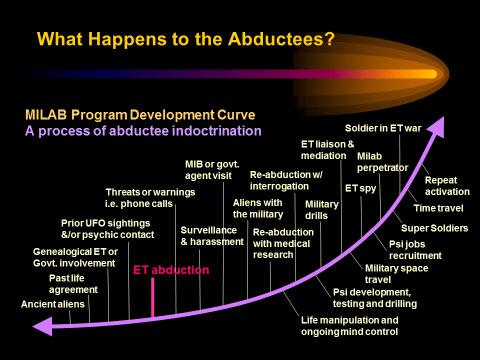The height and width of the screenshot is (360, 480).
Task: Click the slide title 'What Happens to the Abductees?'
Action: click(x=185, y=39)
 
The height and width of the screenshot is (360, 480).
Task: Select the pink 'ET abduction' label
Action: click(x=171, y=270)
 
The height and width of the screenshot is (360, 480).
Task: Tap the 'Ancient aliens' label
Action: click(x=53, y=304)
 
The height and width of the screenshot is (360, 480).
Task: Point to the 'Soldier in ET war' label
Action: click(x=383, y=128)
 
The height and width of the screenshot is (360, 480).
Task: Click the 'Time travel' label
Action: click(x=438, y=208)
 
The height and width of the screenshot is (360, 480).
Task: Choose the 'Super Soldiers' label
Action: click(x=434, y=228)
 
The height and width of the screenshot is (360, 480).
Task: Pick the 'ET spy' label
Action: click(x=360, y=189)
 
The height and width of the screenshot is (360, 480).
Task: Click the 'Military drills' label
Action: click(x=322, y=210)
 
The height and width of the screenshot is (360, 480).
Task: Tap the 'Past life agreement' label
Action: click(x=73, y=284)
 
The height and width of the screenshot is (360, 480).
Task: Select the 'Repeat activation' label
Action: click(x=447, y=186)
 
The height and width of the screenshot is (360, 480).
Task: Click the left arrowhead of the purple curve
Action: click(x=43, y=326)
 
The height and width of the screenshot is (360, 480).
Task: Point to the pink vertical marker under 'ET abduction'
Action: click(x=153, y=298)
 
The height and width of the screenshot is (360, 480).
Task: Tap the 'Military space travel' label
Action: click(x=396, y=274)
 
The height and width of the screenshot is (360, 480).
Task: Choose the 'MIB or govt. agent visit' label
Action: click(x=212, y=170)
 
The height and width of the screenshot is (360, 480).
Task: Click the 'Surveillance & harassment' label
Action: click(x=212, y=236)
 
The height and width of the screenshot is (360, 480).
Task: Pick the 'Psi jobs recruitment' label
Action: click(x=415, y=250)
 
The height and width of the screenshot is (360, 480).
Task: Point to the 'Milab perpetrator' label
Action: click(x=382, y=162)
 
